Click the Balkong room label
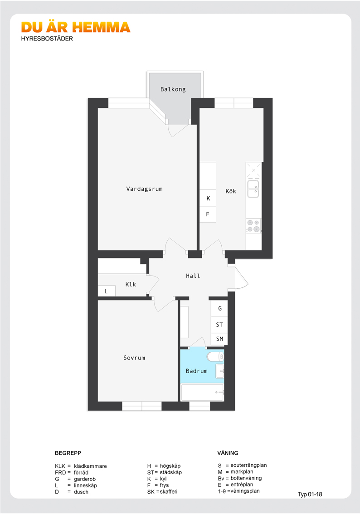[x=173, y=89]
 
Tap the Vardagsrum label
[x=144, y=189]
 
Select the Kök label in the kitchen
[x=230, y=191]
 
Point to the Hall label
[x=193, y=276]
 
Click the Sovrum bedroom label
[x=134, y=358]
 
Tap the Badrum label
[x=196, y=371]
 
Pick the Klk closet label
[x=131, y=285]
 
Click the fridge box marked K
[x=208, y=198]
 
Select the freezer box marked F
[x=208, y=214]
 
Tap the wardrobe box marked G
[x=219, y=309]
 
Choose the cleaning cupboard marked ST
[x=219, y=325]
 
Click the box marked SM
[x=219, y=339]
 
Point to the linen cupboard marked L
[x=107, y=291]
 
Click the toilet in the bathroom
[x=215, y=356]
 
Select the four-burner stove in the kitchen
[x=253, y=226]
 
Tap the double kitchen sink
[x=253, y=189]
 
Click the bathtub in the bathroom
[x=202, y=392]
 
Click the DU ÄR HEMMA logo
[x=76, y=28]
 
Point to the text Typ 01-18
[x=310, y=495]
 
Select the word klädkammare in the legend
[x=90, y=466]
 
